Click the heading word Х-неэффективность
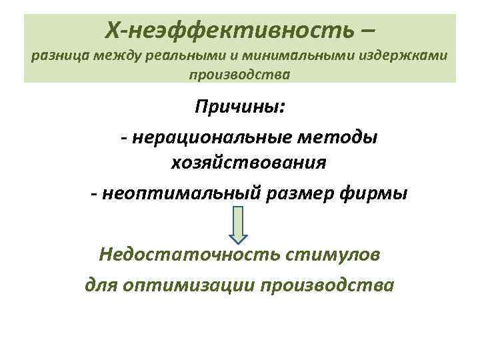tap(229, 29)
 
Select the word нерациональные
tap(219, 137)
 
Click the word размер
tap(297, 193)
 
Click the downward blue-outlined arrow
tap(240, 224)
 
